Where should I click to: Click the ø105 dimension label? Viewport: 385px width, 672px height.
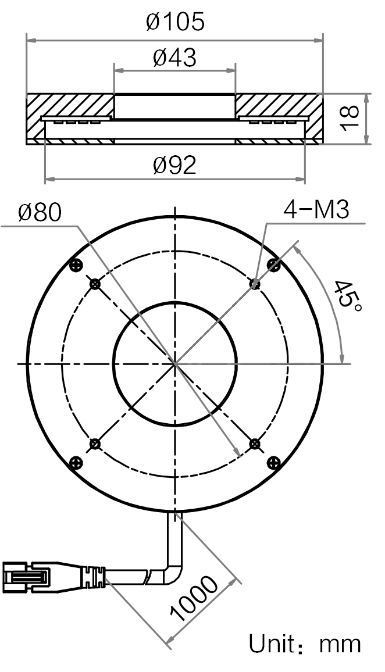click(175, 22)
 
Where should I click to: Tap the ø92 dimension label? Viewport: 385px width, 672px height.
click(175, 165)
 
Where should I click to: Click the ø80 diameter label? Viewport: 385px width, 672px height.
click(40, 212)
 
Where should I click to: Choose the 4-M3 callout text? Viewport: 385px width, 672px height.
click(316, 210)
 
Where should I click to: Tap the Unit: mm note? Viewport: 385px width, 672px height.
click(305, 644)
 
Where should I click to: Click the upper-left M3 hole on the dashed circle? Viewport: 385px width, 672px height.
click(95, 283)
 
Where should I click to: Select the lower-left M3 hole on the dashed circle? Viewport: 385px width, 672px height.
click(95, 444)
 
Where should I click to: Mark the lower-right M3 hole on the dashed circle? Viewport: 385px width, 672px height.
click(255, 444)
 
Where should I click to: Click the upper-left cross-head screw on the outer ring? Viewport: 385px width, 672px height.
click(76, 265)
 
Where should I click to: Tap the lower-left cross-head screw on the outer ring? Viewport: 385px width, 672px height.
click(76, 462)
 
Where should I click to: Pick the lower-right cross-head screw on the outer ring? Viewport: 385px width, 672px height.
click(273, 462)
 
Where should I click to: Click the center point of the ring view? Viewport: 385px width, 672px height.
click(175, 364)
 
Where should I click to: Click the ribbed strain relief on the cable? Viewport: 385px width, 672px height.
click(92, 577)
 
